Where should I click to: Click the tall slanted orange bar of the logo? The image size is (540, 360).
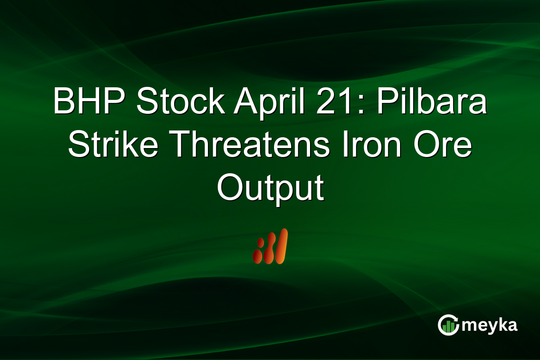(x=281, y=246)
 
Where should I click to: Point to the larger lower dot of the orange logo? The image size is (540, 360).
(x=258, y=256)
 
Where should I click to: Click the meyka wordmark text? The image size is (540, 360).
(x=489, y=326)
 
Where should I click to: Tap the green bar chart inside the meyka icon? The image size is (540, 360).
(x=448, y=328)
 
